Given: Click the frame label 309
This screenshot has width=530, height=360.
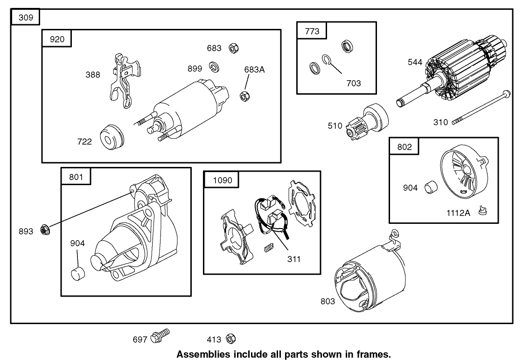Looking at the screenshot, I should [26, 18].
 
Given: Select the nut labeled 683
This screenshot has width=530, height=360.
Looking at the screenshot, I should [234, 48].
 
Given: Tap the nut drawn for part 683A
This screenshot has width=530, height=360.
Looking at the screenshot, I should [244, 96].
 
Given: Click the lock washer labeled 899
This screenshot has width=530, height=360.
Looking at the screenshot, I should [214, 67].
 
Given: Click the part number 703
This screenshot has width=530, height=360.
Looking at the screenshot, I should [354, 83].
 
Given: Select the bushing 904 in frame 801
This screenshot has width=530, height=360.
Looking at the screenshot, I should [77, 273].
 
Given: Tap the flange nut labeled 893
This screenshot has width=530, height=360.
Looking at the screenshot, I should [45, 229].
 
